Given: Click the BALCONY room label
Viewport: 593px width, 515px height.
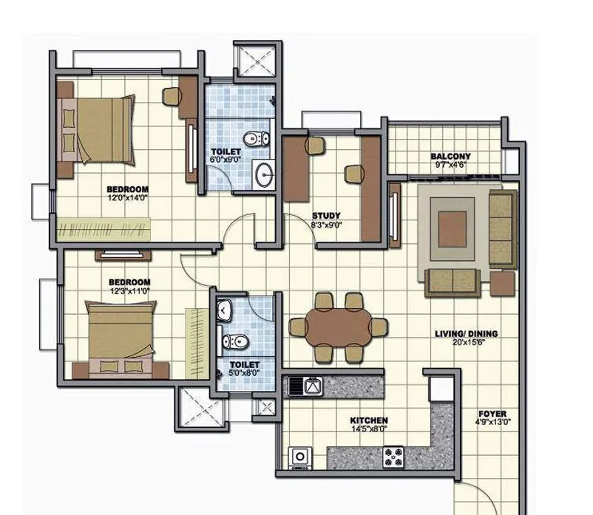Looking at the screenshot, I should pyautogui.click(x=450, y=157).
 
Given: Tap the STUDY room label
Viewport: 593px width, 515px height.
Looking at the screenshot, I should pyautogui.click(x=326, y=216).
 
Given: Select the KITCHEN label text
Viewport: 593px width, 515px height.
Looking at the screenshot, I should pyautogui.click(x=369, y=420).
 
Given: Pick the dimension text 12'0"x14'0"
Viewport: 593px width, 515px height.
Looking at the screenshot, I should pyautogui.click(x=128, y=198).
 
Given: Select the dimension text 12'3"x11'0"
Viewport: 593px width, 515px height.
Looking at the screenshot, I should pyautogui.click(x=129, y=291).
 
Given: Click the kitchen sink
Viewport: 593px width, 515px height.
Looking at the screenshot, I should pyautogui.click(x=305, y=386).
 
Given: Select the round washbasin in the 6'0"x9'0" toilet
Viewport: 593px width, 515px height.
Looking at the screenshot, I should pyautogui.click(x=263, y=174).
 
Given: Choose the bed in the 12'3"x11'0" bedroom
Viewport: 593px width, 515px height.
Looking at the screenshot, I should pyautogui.click(x=122, y=340).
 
